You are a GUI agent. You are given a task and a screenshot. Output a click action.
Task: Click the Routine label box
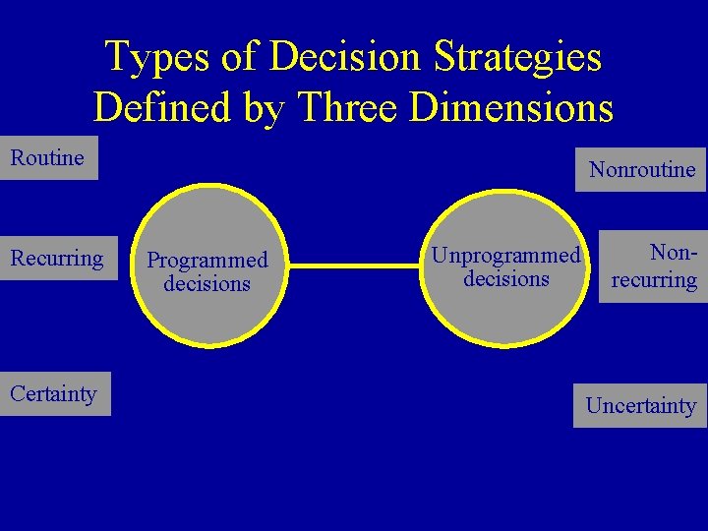[48, 158]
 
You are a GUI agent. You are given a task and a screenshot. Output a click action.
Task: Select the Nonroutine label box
[641, 169]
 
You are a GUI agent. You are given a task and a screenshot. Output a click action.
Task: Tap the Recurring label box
[57, 259]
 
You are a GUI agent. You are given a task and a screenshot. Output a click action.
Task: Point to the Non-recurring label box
[653, 266]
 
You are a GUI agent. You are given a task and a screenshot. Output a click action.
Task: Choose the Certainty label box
[54, 394]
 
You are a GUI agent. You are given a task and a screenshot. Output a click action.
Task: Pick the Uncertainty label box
[640, 405]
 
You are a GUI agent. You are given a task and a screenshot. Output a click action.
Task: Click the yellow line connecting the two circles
[354, 265]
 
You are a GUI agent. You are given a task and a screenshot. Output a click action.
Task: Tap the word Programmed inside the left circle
[207, 261]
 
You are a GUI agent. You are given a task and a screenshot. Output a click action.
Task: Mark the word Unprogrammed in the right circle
[506, 256]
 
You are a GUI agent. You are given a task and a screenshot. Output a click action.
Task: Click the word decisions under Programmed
[207, 284]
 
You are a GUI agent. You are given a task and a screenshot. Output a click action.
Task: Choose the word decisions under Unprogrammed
[506, 279]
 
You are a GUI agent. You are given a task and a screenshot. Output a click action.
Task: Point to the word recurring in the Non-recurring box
[654, 279]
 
